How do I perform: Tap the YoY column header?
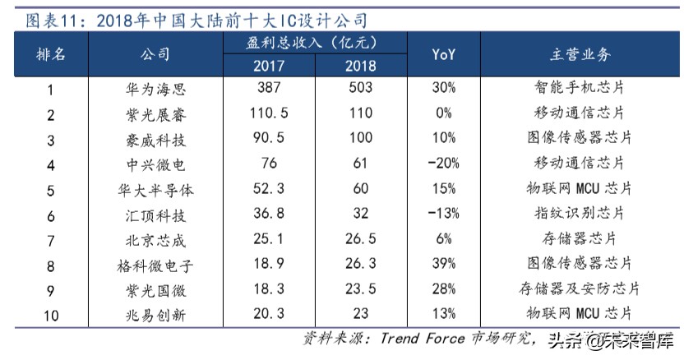443,54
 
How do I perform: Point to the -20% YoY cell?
443,164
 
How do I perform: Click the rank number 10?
51,314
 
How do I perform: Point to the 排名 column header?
51,54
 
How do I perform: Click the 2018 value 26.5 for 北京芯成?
361,239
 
